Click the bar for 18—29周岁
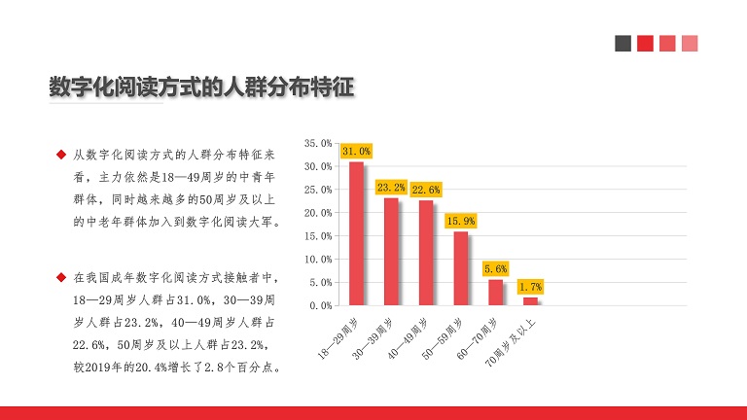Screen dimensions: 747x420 coord(356,233)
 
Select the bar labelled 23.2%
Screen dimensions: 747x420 coord(391,252)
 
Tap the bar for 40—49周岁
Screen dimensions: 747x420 coord(426,253)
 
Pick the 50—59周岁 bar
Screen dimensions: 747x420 coord(461,268)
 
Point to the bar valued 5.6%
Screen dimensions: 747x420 coord(495,293)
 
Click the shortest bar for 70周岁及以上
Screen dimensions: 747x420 coord(530,301)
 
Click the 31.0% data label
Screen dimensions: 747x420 coord(356,151)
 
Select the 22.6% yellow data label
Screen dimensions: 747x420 coord(426,190)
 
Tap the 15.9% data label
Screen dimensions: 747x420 coord(461,221)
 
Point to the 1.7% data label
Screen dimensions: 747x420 coord(530,287)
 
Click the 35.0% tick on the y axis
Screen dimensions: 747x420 coord(318,143)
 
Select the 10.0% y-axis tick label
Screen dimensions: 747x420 coord(318,259)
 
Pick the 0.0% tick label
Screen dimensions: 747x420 coord(321,305)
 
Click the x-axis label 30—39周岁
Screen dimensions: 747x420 coord(373,338)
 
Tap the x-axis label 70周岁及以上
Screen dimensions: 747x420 coord(511,343)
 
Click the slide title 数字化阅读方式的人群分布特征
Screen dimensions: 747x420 coord(202,87)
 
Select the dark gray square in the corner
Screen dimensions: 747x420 coord(622,44)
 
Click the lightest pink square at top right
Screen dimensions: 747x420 coord(690,44)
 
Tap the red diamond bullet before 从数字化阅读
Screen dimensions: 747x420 coord(61,155)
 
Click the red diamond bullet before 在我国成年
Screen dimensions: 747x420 coord(61,277)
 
